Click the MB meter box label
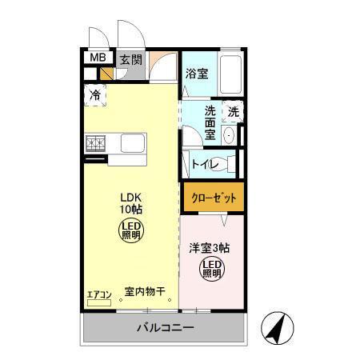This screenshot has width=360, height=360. (97, 58)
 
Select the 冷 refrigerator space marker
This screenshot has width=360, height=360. (94, 94)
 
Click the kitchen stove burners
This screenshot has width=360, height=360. (96, 143)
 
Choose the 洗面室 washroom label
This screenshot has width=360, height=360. (210, 122)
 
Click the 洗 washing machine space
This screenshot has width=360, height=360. (233, 112)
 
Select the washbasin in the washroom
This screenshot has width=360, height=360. (230, 134)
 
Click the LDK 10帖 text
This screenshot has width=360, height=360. (131, 203)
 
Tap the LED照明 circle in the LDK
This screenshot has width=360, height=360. (130, 233)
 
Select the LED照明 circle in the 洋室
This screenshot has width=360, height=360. (211, 269)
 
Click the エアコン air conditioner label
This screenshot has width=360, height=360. (99, 294)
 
